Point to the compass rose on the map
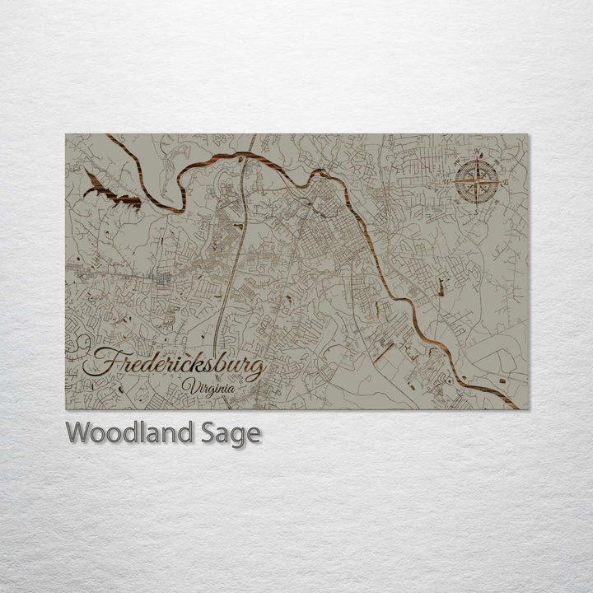click(x=477, y=180)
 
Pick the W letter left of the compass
click(x=455, y=180)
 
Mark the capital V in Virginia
click(x=188, y=387)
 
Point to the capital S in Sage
click(x=204, y=432)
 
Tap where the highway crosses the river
click(x=248, y=155)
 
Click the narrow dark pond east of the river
click(x=441, y=287)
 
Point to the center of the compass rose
click(x=477, y=180)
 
